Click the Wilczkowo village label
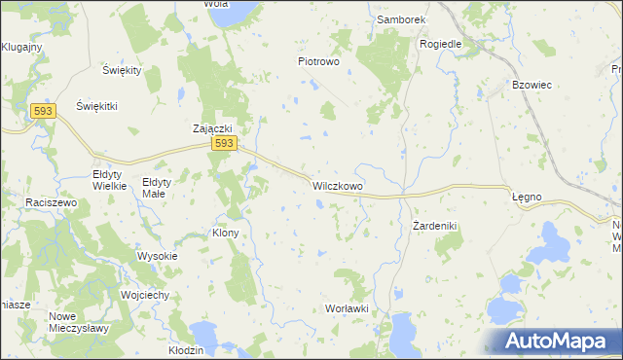pos(338,184)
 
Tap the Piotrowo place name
pos(317,61)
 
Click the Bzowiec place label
pos(532,85)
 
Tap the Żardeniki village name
pos(434,226)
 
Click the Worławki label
pos(345,308)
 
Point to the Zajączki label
pos(210,127)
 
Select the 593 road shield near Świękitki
pos(41,112)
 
